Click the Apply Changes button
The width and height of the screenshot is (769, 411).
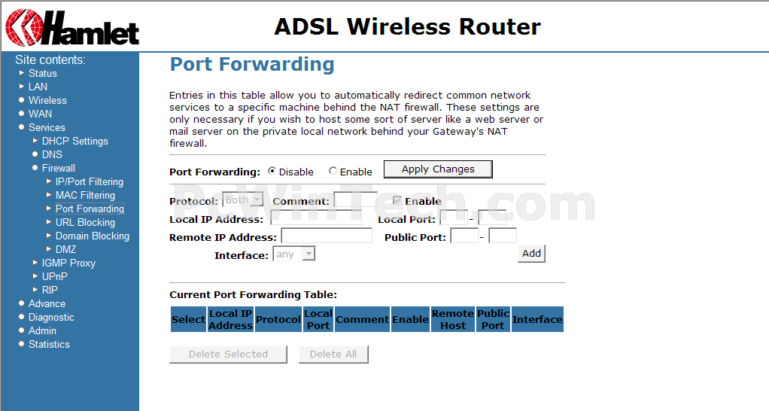tap(438, 169)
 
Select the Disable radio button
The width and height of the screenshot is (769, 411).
tap(272, 171)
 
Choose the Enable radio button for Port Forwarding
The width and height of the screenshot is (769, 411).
tap(333, 171)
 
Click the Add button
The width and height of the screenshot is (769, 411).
tap(532, 254)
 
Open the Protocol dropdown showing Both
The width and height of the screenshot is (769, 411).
tap(243, 199)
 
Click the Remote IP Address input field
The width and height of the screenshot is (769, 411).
tap(327, 236)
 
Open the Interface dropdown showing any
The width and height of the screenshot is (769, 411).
tap(293, 254)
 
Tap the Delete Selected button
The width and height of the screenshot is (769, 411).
tap(228, 354)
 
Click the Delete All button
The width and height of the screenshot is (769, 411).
tap(333, 354)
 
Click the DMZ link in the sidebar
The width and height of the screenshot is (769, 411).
tap(65, 249)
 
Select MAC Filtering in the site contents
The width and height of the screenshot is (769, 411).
tap(85, 195)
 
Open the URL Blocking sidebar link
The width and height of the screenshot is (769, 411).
tap(85, 222)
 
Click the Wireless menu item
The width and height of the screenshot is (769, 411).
tap(47, 100)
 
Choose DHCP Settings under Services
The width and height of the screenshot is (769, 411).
tap(75, 141)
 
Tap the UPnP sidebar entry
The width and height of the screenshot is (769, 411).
tap(54, 276)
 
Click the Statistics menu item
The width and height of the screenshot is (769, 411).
tap(49, 344)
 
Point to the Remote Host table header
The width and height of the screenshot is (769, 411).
tap(453, 319)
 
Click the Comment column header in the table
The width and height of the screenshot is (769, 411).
tap(363, 319)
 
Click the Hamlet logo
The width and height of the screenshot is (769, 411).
tap(72, 27)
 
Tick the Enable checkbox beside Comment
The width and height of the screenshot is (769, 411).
tap(397, 200)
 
